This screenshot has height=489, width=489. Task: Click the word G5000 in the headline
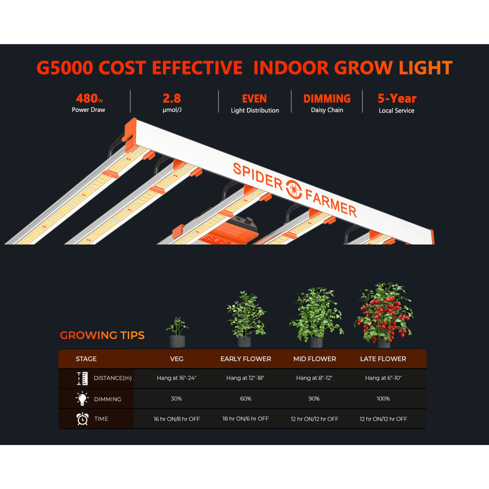click(x=65, y=68)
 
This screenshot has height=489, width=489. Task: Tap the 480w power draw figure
click(x=89, y=98)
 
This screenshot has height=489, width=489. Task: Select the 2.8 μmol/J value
click(x=172, y=98)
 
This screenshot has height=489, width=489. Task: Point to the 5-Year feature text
click(x=397, y=98)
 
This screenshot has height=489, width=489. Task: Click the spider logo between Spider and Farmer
click(x=294, y=190)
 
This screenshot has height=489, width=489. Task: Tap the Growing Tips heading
click(x=102, y=335)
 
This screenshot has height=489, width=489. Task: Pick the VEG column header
click(x=177, y=359)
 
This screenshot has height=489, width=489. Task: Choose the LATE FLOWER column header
click(x=383, y=359)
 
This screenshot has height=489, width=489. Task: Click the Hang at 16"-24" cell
click(x=177, y=378)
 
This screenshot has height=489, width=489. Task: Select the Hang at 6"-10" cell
click(x=383, y=378)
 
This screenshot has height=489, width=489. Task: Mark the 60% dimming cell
click(x=246, y=399)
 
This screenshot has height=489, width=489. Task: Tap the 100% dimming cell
click(x=383, y=399)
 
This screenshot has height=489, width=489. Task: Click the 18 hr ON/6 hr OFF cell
click(x=246, y=419)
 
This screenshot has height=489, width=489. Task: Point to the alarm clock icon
click(x=83, y=419)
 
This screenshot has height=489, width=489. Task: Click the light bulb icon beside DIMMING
click(x=82, y=399)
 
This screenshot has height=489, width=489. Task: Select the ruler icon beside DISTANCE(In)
click(x=82, y=378)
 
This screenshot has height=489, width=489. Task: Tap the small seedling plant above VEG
click(x=177, y=332)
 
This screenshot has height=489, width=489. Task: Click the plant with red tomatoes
click(x=383, y=315)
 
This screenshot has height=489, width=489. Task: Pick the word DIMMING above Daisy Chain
click(x=327, y=99)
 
